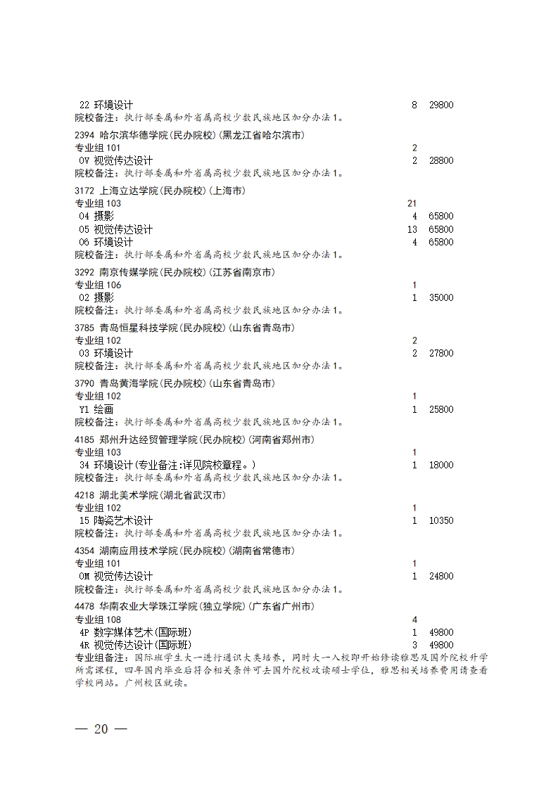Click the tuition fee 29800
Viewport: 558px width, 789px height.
[441, 105]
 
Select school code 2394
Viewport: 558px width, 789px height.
[85, 135]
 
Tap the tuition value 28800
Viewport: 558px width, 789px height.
[441, 160]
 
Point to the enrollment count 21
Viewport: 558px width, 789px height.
[412, 203]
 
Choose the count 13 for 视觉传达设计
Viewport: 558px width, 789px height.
[412, 229]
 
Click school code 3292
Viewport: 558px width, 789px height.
[85, 272]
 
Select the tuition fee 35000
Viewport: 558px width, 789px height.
[441, 297]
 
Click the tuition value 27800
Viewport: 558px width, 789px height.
[441, 353]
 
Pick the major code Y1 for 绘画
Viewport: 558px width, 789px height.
[84, 409]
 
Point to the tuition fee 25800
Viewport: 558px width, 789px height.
[441, 409]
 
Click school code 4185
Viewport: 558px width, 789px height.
[85, 440]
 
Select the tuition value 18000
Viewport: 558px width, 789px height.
[441, 465]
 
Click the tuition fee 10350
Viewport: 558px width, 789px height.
[441, 520]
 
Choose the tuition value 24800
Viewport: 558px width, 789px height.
[441, 576]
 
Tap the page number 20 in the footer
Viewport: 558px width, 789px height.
[101, 729]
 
